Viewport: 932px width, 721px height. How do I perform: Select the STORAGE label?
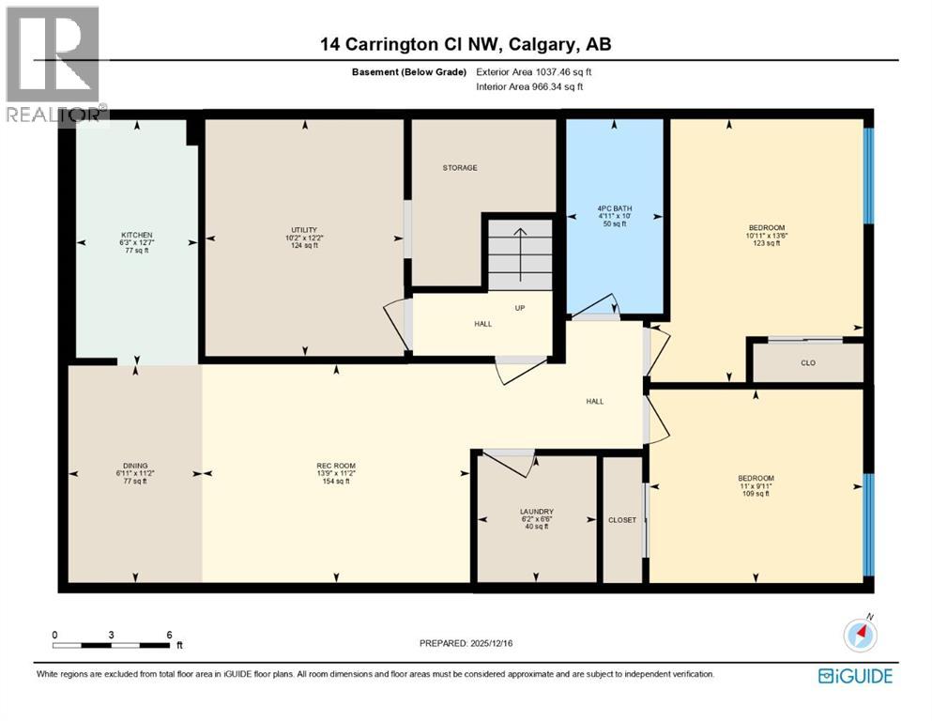coord(460,168)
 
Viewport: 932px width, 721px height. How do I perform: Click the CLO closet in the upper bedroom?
coord(807,363)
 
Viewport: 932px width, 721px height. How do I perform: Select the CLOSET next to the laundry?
coord(621,519)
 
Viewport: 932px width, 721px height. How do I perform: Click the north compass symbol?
coord(860,636)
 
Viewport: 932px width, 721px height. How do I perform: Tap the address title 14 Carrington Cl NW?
coord(466,44)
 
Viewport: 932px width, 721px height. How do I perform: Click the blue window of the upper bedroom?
coord(868,176)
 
